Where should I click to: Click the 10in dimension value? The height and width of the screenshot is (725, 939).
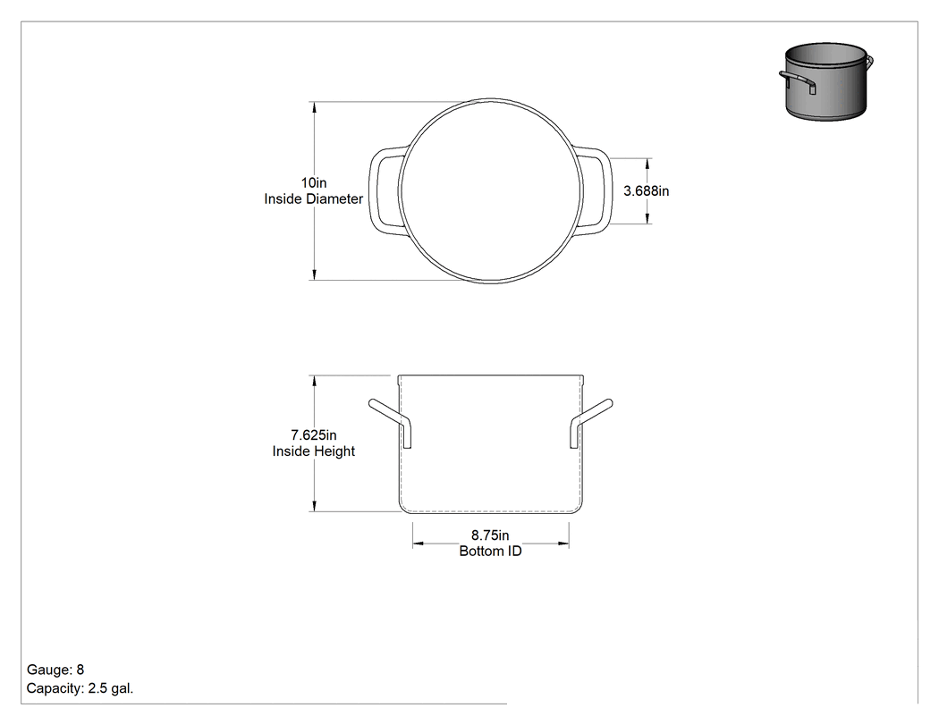(x=314, y=182)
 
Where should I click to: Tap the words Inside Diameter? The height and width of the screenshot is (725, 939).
(x=314, y=198)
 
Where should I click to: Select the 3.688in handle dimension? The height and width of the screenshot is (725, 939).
(x=647, y=191)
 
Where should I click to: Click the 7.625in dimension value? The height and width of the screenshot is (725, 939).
(x=314, y=435)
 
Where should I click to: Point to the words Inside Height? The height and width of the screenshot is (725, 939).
(x=314, y=451)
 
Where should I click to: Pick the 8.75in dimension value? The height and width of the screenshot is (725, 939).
(x=490, y=535)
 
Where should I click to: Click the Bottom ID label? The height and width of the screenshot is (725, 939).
(x=490, y=552)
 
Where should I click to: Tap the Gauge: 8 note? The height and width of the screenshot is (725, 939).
(x=55, y=670)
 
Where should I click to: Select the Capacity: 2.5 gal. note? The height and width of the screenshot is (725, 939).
(x=80, y=688)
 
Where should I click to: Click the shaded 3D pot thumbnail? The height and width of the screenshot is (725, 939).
(x=826, y=81)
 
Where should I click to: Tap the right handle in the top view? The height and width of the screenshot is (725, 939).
(x=605, y=190)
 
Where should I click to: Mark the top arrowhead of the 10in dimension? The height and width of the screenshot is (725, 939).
(x=314, y=107)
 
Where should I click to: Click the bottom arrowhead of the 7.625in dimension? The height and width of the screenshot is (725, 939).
(x=314, y=506)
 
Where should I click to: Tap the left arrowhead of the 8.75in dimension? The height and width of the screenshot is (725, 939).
(x=419, y=544)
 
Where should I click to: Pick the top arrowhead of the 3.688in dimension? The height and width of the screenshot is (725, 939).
(x=648, y=164)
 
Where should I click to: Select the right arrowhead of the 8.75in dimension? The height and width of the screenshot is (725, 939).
(x=563, y=544)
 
